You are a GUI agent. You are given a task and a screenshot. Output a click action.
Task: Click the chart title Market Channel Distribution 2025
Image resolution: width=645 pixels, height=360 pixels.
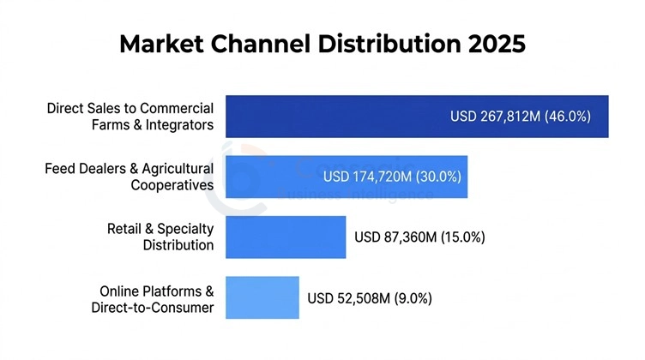coord(322,44)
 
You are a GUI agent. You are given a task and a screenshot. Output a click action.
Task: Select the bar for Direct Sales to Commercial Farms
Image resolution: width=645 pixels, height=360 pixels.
coord(335,117)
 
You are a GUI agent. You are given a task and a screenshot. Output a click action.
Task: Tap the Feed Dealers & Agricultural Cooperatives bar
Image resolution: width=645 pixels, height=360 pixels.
coord(274,177)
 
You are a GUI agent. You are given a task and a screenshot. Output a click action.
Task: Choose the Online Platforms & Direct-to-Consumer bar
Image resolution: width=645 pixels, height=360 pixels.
coord(262,298)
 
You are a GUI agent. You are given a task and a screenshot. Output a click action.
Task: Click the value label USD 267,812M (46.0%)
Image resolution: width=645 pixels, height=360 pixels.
coord(521,117)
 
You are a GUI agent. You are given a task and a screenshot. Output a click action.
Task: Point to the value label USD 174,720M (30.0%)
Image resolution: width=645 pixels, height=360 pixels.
coord(392,177)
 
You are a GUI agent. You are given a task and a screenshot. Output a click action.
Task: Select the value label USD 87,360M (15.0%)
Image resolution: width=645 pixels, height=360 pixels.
coord(419,237)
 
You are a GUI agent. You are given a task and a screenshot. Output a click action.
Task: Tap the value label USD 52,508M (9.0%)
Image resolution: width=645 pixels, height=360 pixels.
coord(370,298)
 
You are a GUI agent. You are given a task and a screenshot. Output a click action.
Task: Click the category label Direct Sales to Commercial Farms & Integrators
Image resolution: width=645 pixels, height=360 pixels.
coord(130,117)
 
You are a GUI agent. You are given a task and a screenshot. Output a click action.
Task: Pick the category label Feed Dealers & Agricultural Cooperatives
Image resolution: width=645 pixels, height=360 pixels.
coord(129,177)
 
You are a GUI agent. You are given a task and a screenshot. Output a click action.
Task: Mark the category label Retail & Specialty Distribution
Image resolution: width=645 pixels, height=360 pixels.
coord(160,237)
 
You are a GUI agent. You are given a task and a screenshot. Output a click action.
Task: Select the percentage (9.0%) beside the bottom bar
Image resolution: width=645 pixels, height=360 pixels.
coord(413,298)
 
